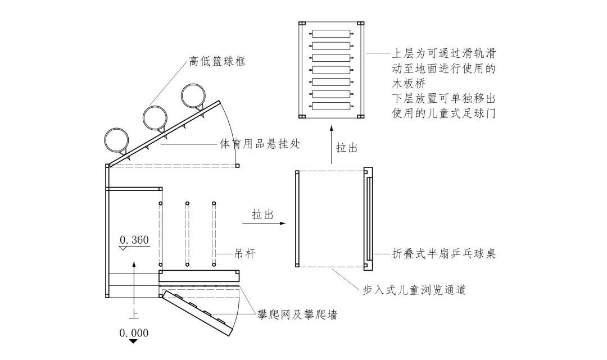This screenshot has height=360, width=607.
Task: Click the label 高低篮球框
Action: (x=217, y=61)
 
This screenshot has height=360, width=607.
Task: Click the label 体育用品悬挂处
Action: (x=260, y=144)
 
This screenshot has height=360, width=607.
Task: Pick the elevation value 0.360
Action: (x=134, y=240)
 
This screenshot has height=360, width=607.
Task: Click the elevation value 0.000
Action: (x=134, y=333)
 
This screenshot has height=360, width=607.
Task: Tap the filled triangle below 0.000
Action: (x=134, y=341)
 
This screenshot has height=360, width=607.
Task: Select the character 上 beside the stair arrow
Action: (x=134, y=313)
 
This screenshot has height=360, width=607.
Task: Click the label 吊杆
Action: (x=244, y=254)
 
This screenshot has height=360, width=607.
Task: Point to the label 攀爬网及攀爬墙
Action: (x=297, y=315)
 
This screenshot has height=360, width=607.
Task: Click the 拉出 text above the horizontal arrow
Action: (x=263, y=214)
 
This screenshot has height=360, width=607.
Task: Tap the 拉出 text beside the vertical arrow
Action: (x=347, y=148)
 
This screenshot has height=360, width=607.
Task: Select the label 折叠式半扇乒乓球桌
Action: (x=444, y=254)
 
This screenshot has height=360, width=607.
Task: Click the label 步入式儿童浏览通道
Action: (x=414, y=289)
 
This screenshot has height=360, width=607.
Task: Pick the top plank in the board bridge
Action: (x=332, y=34)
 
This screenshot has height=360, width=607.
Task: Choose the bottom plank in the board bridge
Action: (x=332, y=106)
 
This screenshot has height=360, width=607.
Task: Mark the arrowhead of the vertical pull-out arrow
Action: (x=332, y=129)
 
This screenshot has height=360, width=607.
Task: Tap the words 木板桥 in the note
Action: (x=409, y=84)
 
